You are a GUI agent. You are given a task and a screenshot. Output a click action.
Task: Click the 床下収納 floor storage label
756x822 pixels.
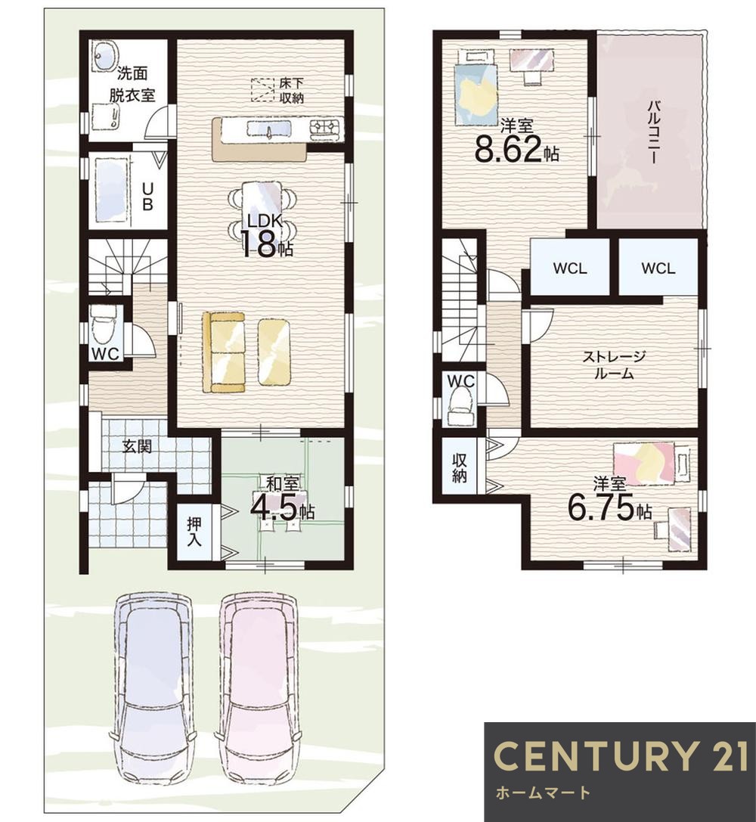coord(291,90)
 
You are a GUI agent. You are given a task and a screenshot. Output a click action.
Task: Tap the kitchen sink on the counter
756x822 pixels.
coord(269,129)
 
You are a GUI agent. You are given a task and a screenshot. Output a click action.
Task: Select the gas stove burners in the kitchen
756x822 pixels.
coord(325,127)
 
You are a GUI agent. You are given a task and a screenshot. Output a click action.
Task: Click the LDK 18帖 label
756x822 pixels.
coord(266,236)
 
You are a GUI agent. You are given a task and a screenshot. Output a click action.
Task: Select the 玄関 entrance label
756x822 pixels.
coord(138,446)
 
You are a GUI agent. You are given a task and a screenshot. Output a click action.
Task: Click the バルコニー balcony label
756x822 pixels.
coord(652,132)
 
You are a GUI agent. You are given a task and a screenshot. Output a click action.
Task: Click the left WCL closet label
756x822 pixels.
coord(570,268)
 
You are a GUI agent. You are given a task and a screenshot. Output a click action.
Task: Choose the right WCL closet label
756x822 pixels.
coord(658,268)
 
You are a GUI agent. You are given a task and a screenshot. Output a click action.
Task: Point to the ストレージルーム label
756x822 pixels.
coord(614,364)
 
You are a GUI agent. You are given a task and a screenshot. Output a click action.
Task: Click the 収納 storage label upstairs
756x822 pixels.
coord(460,467)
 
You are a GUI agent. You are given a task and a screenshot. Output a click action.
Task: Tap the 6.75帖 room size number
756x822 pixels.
coord(610,507)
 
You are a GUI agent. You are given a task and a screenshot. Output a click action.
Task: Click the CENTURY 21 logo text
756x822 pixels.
coord(621,756)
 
